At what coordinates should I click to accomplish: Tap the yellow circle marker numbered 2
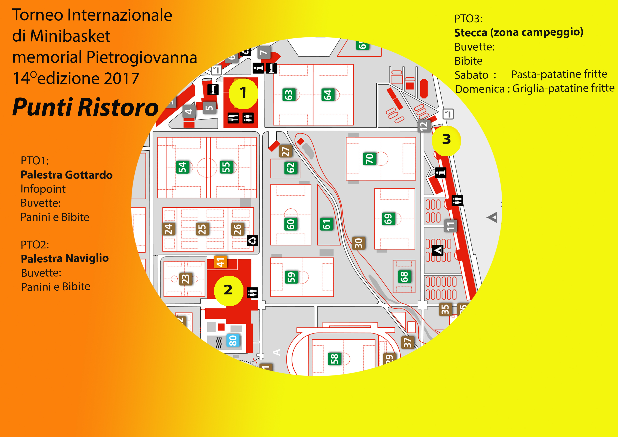click(x=228, y=291)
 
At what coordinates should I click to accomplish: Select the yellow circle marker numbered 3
click(x=446, y=140)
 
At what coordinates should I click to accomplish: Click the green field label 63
click(x=289, y=95)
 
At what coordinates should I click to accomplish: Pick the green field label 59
click(x=291, y=277)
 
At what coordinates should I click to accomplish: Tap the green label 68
click(x=404, y=276)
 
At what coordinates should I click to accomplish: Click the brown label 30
click(x=359, y=243)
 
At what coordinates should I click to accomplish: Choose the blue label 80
click(x=233, y=341)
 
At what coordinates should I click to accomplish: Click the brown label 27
click(x=285, y=151)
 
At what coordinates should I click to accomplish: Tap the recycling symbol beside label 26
click(x=252, y=241)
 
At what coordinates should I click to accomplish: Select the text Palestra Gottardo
click(x=66, y=175)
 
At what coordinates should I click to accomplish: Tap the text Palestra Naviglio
click(x=65, y=258)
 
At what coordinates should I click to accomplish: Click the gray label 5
click(x=209, y=108)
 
